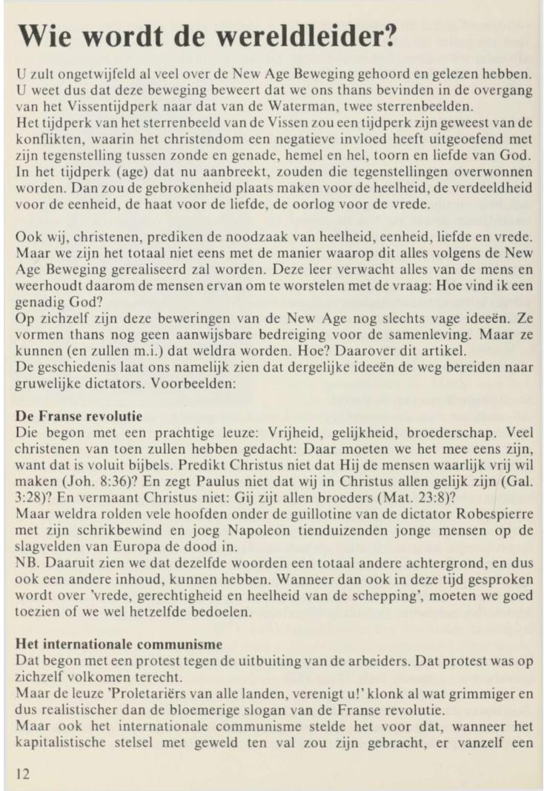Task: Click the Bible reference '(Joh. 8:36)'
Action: tap(84, 504)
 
